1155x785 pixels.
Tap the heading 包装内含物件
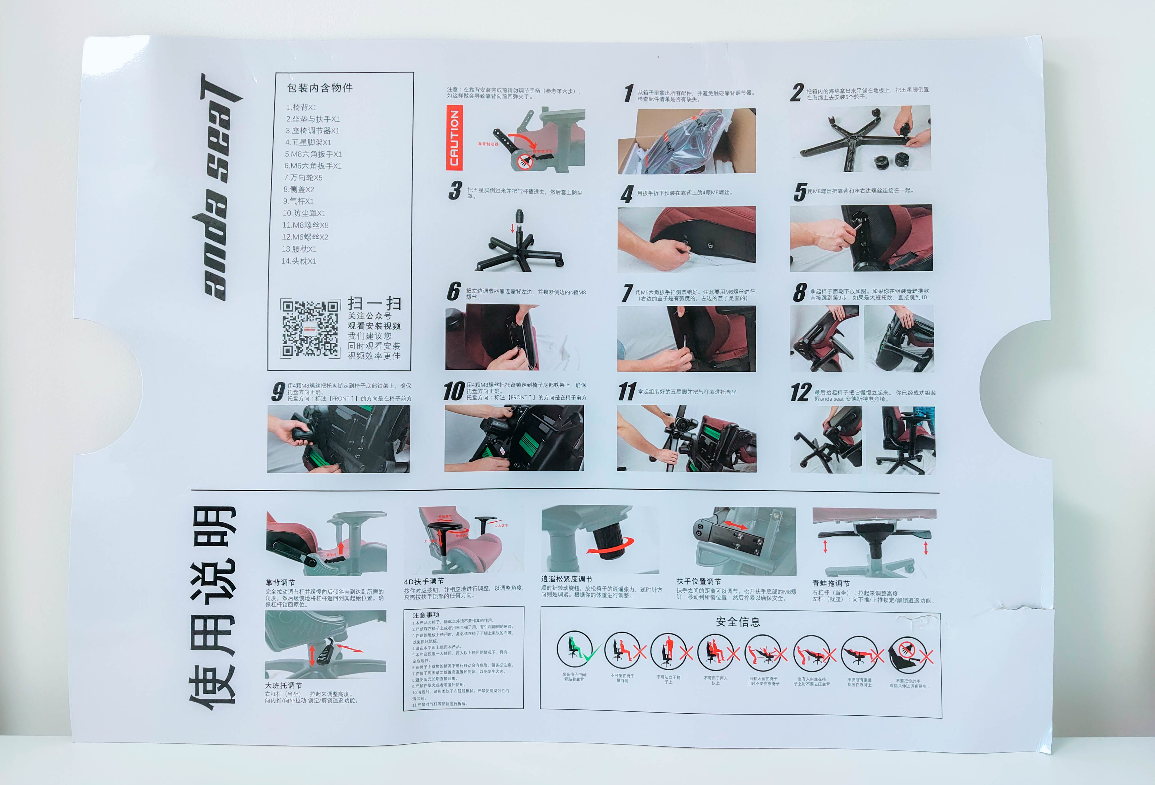pos(320,88)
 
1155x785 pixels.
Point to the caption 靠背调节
pos(280,582)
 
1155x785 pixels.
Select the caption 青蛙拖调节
pos(831,583)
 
